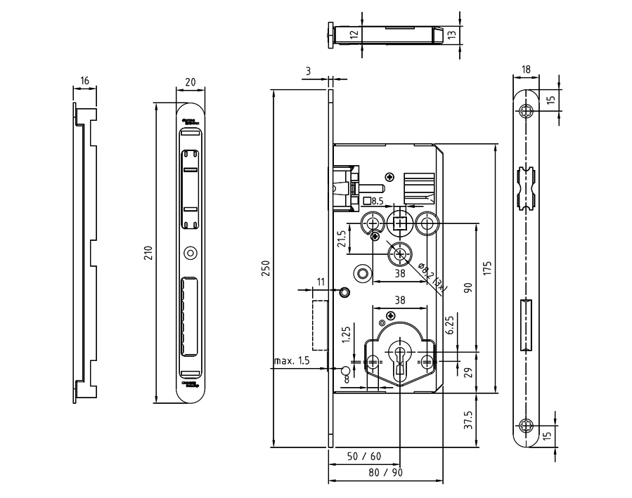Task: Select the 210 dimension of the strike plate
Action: click(x=148, y=253)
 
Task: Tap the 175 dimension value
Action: click(x=487, y=268)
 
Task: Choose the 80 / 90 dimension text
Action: click(x=386, y=473)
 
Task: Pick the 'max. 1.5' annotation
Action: click(x=292, y=361)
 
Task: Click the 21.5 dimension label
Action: click(x=341, y=239)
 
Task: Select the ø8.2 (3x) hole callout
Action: click(x=430, y=276)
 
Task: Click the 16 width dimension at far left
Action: click(x=84, y=81)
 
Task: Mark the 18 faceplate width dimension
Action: click(x=527, y=70)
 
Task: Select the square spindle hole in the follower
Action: click(x=400, y=224)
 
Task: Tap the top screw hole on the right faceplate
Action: click(x=527, y=112)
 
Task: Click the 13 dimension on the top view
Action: click(x=451, y=33)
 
